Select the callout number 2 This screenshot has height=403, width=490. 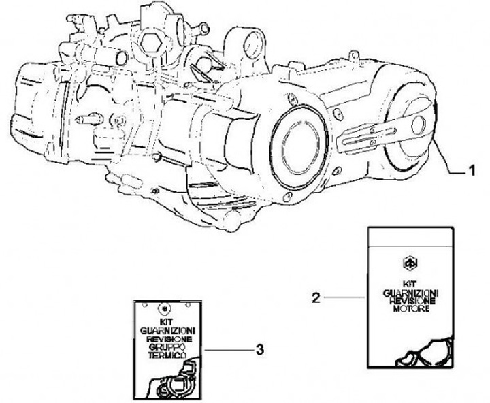click(x=315, y=297)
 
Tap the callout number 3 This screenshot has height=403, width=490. click(x=260, y=350)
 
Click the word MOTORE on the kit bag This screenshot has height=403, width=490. click(x=410, y=310)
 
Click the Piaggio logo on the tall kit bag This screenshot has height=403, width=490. click(x=410, y=262)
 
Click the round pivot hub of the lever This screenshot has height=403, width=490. click(x=417, y=124)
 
